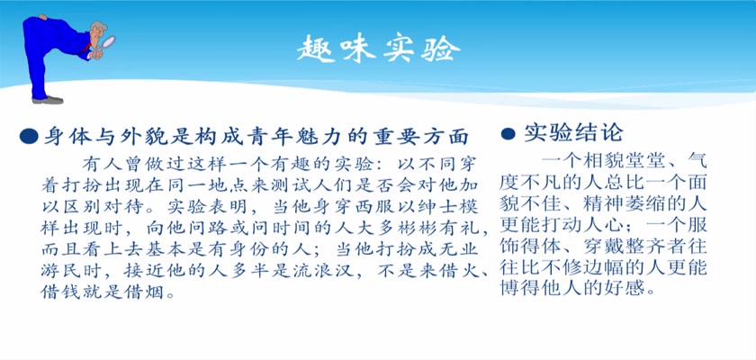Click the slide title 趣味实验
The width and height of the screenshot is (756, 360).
tap(379, 49)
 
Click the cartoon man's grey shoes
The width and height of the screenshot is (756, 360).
tap(47, 100)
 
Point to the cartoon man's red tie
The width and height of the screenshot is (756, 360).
tap(87, 48)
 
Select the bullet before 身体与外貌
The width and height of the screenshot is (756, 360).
tap(29, 137)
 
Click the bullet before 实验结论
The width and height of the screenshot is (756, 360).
tap(508, 133)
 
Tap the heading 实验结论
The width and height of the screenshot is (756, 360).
tap(574, 133)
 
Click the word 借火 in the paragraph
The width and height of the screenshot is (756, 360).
tap(462, 271)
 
